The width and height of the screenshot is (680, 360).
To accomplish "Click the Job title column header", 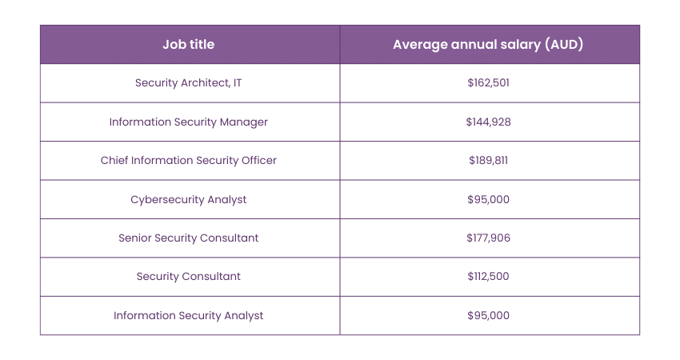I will point(189,45).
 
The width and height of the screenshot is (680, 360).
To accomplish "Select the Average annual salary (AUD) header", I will point(488,45).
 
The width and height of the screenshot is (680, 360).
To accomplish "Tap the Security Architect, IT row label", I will point(189,83).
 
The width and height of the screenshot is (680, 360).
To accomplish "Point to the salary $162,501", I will point(488,83).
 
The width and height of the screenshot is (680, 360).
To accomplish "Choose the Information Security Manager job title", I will point(189,122).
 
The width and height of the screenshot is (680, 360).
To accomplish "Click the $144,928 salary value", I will point(488,122).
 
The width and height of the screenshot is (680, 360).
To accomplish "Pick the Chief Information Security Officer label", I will point(189,160).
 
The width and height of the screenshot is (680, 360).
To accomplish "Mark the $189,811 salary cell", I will point(488,160).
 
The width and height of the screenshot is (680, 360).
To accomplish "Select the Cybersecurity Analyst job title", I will point(189,199).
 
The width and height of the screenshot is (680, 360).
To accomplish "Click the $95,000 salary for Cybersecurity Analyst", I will point(488,199).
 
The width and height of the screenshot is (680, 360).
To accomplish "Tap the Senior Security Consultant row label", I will point(189,238).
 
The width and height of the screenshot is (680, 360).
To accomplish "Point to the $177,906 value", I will point(488,238).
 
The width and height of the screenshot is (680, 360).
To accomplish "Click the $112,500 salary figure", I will point(488,276).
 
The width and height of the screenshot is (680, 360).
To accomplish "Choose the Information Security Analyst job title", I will point(189,315).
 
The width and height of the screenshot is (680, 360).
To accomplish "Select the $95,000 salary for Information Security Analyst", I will point(488,315).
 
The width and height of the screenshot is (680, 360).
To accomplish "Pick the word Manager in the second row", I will point(246,122).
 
